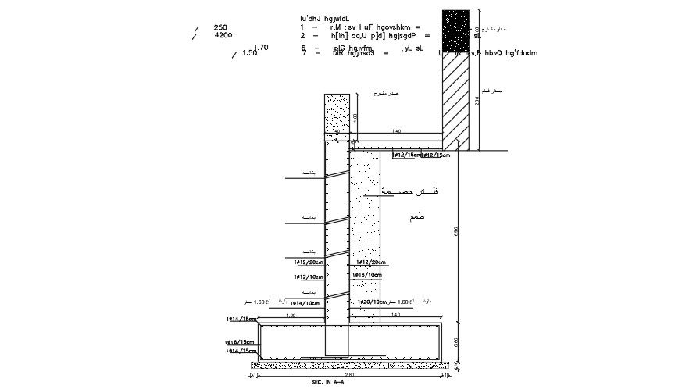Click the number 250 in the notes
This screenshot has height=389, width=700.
tap(220, 27)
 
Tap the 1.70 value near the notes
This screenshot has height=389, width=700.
tap(262, 48)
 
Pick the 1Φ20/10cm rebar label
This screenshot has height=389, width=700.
tap(370, 302)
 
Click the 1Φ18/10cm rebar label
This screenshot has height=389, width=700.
tap(368, 275)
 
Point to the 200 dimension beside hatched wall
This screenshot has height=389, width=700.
tap(477, 102)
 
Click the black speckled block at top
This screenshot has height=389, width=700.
tap(457, 32)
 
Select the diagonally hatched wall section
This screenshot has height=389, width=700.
tap(457, 102)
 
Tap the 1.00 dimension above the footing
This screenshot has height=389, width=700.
tap(291, 316)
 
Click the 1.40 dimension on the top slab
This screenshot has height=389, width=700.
tap(396, 132)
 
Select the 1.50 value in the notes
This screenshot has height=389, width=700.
tap(250, 54)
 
